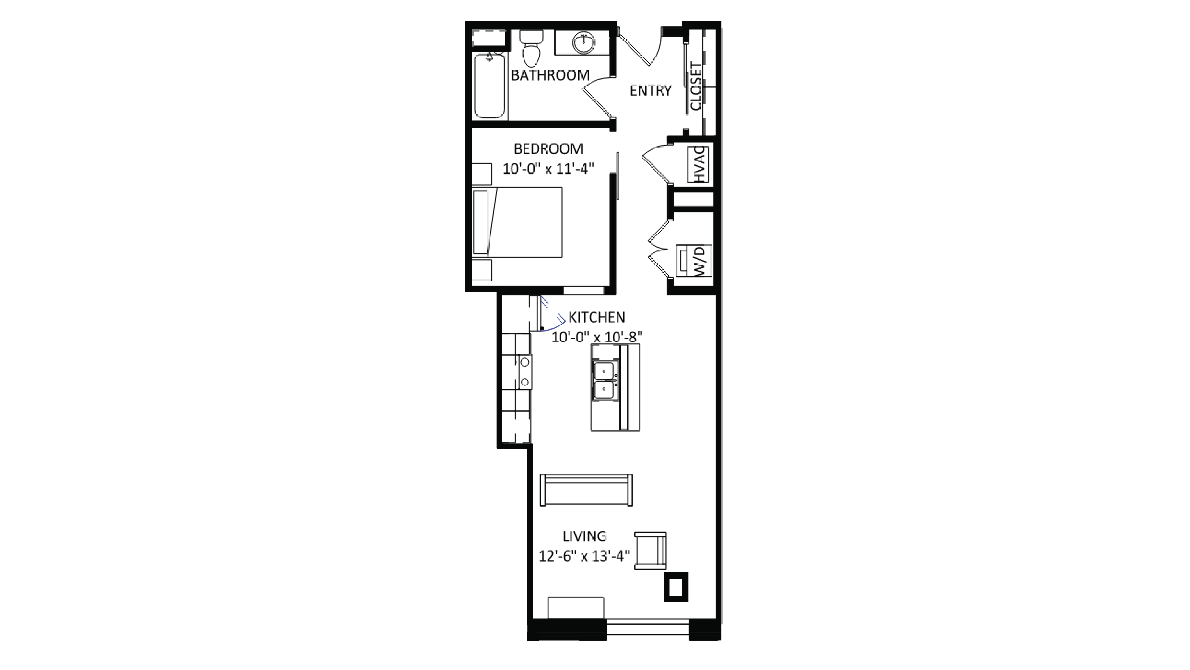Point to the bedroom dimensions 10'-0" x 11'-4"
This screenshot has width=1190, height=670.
(548, 169)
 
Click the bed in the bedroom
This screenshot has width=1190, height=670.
(517, 222)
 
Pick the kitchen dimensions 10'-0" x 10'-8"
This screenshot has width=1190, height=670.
(597, 337)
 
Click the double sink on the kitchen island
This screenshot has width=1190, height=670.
(604, 380)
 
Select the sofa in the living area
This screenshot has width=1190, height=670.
(586, 490)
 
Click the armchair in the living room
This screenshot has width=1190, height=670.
(650, 550)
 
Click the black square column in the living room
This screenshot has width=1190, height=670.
(676, 587)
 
